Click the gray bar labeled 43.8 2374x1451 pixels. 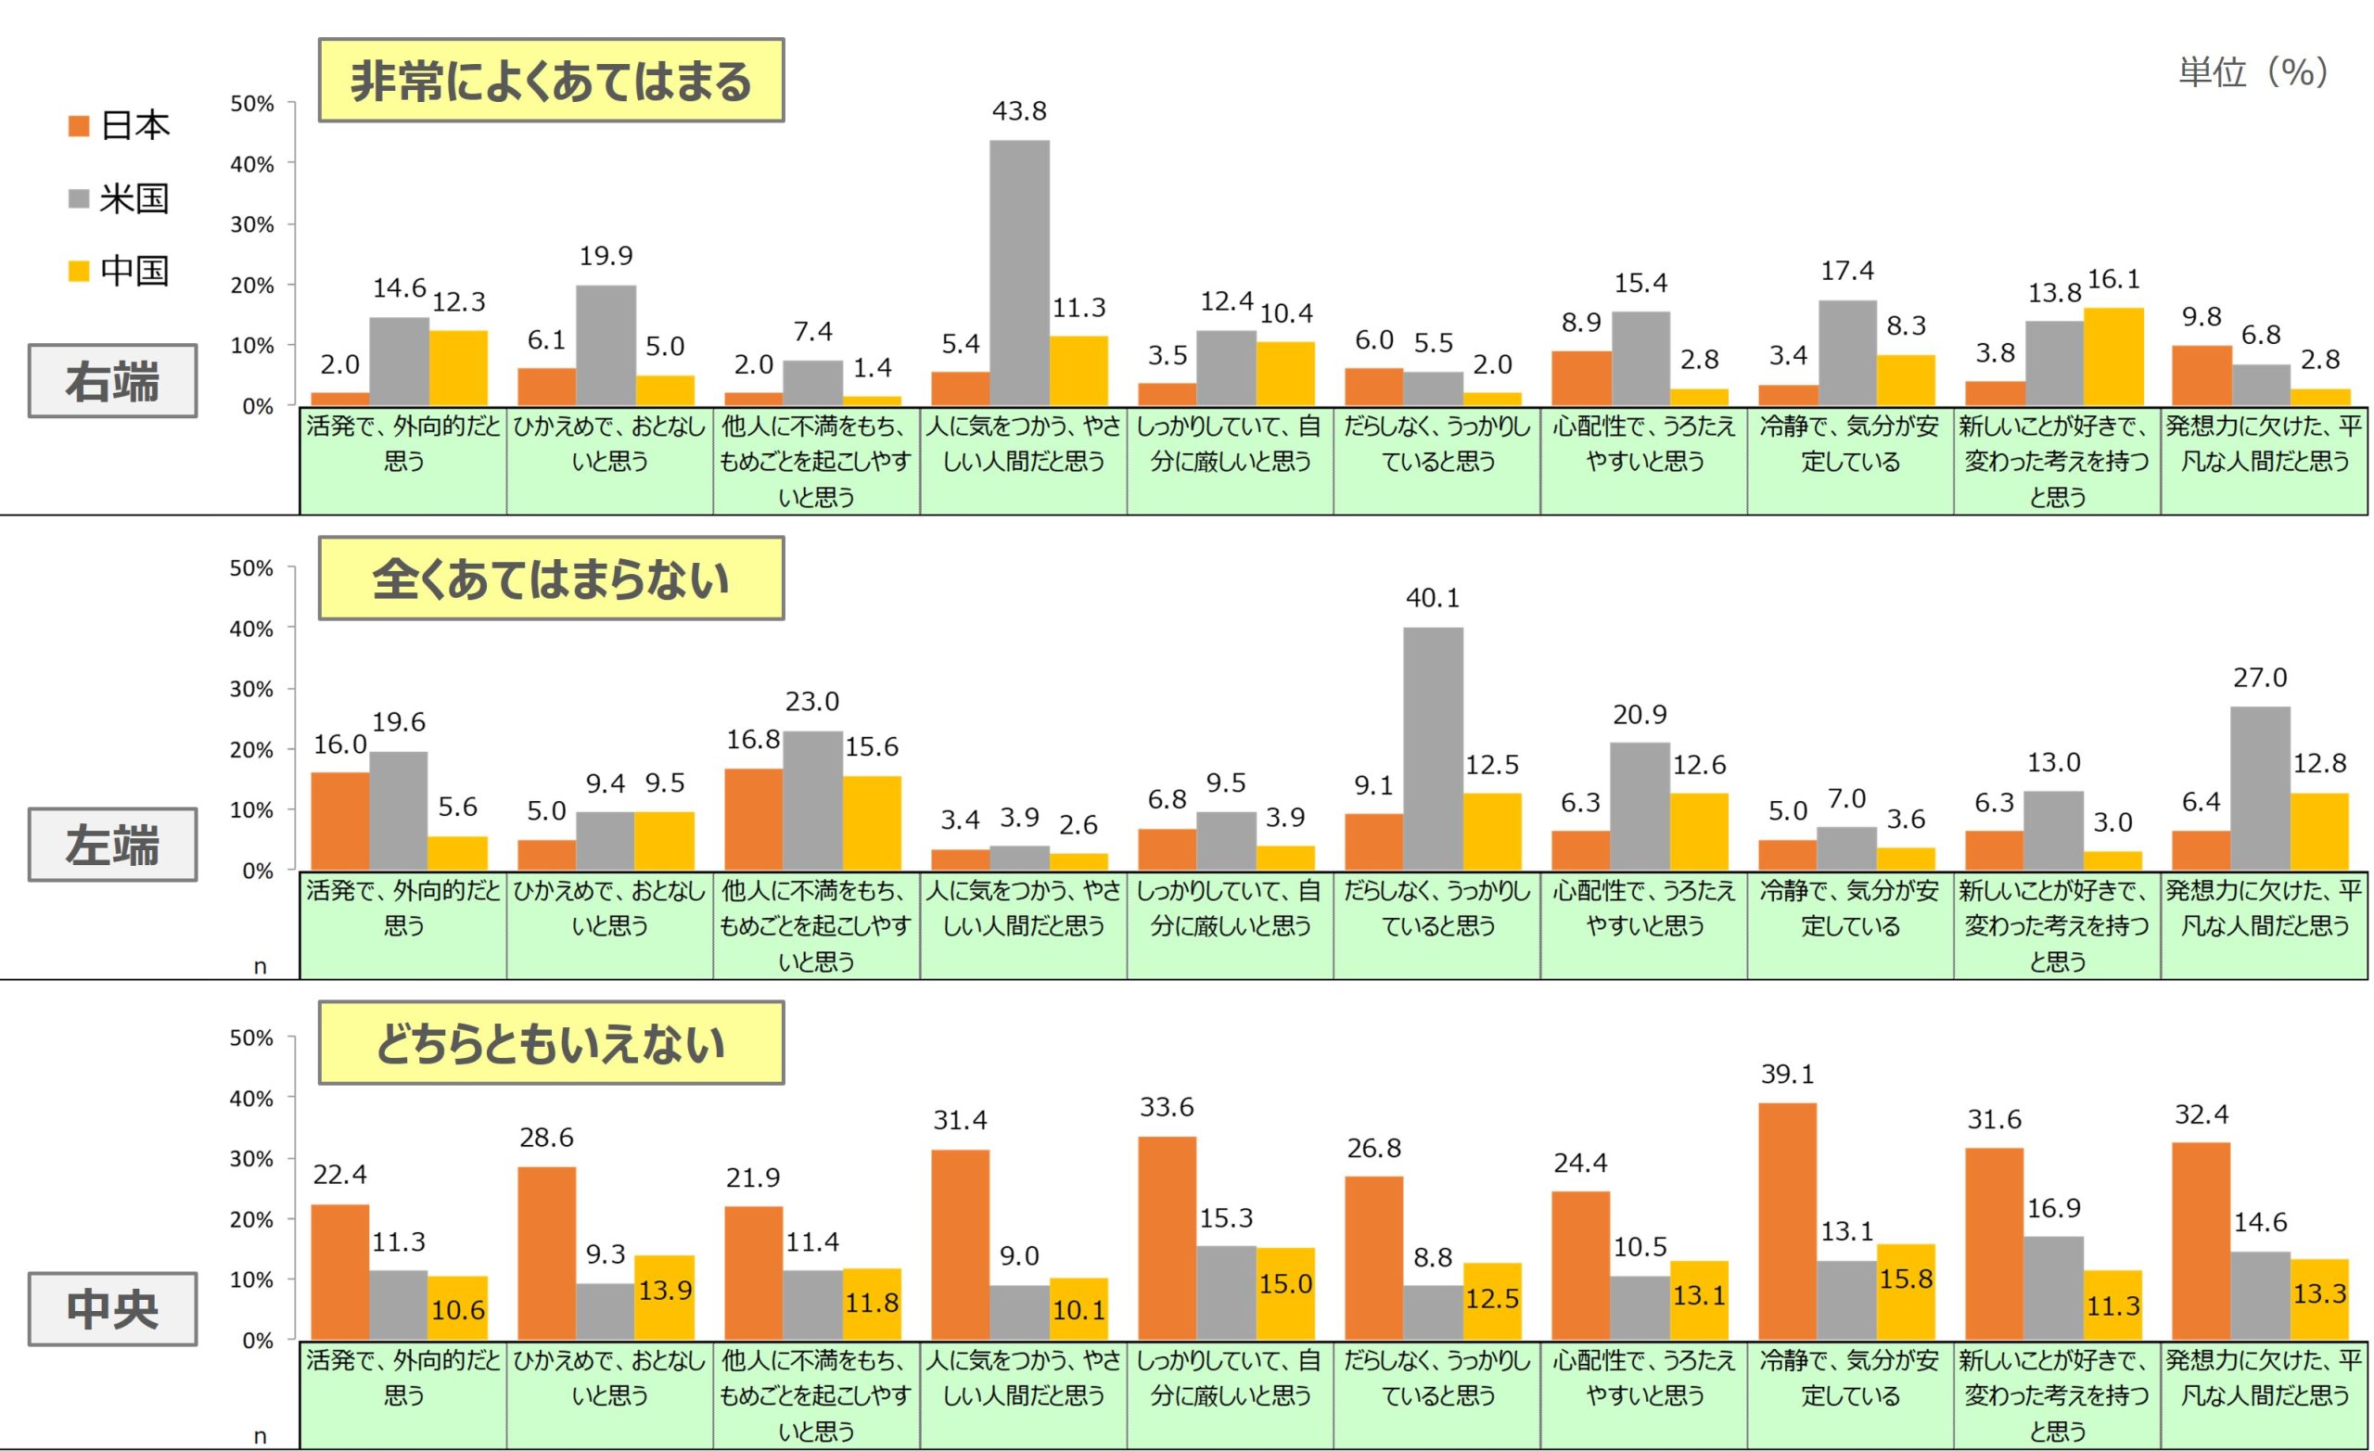click(x=1019, y=273)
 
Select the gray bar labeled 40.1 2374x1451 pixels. click(x=1433, y=748)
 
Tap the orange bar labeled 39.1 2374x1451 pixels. click(x=1787, y=1221)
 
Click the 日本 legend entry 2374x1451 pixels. click(x=120, y=125)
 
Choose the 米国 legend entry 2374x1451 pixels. click(x=120, y=199)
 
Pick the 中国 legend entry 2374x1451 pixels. click(x=120, y=271)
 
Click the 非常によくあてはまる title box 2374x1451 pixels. click(x=550, y=81)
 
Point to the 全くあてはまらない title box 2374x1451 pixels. click(x=550, y=579)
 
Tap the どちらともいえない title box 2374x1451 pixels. click(x=550, y=1043)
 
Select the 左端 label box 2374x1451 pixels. click(x=112, y=845)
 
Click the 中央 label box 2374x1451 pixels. click(x=112, y=1309)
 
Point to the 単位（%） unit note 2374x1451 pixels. click(x=2253, y=71)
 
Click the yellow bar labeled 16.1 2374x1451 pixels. click(x=2112, y=356)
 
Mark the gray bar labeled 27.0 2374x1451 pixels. click(x=2259, y=788)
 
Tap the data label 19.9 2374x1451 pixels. click(x=606, y=256)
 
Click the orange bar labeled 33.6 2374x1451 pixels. click(x=1167, y=1238)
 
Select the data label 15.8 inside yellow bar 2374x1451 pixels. click(x=1906, y=1279)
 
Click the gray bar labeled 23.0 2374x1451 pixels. click(x=812, y=801)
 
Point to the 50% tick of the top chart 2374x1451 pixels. click(x=251, y=104)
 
